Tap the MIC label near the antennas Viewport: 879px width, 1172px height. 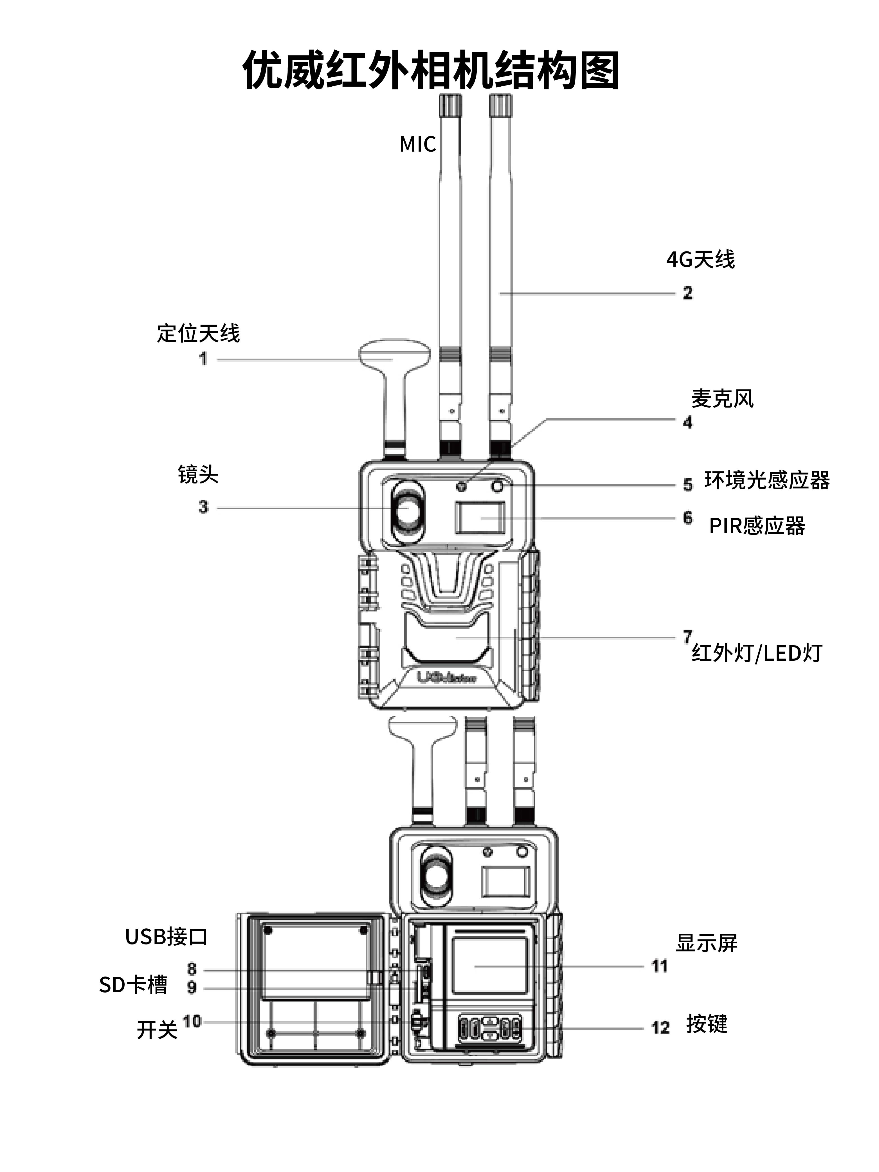pyautogui.click(x=417, y=144)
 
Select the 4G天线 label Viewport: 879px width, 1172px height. pyautogui.click(x=700, y=260)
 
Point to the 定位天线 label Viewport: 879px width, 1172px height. pyautogui.click(x=198, y=333)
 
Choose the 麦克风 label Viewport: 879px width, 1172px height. pyautogui.click(x=722, y=399)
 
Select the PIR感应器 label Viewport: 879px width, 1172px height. pyautogui.click(x=757, y=526)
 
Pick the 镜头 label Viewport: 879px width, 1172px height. pyautogui.click(x=198, y=474)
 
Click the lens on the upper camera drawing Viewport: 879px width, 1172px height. pyautogui.click(x=408, y=509)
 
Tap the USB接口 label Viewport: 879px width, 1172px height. pyautogui.click(x=166, y=937)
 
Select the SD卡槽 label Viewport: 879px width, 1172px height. pyautogui.click(x=133, y=984)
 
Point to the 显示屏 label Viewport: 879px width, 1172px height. pyautogui.click(x=706, y=943)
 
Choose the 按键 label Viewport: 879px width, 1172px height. pyautogui.click(x=707, y=1024)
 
